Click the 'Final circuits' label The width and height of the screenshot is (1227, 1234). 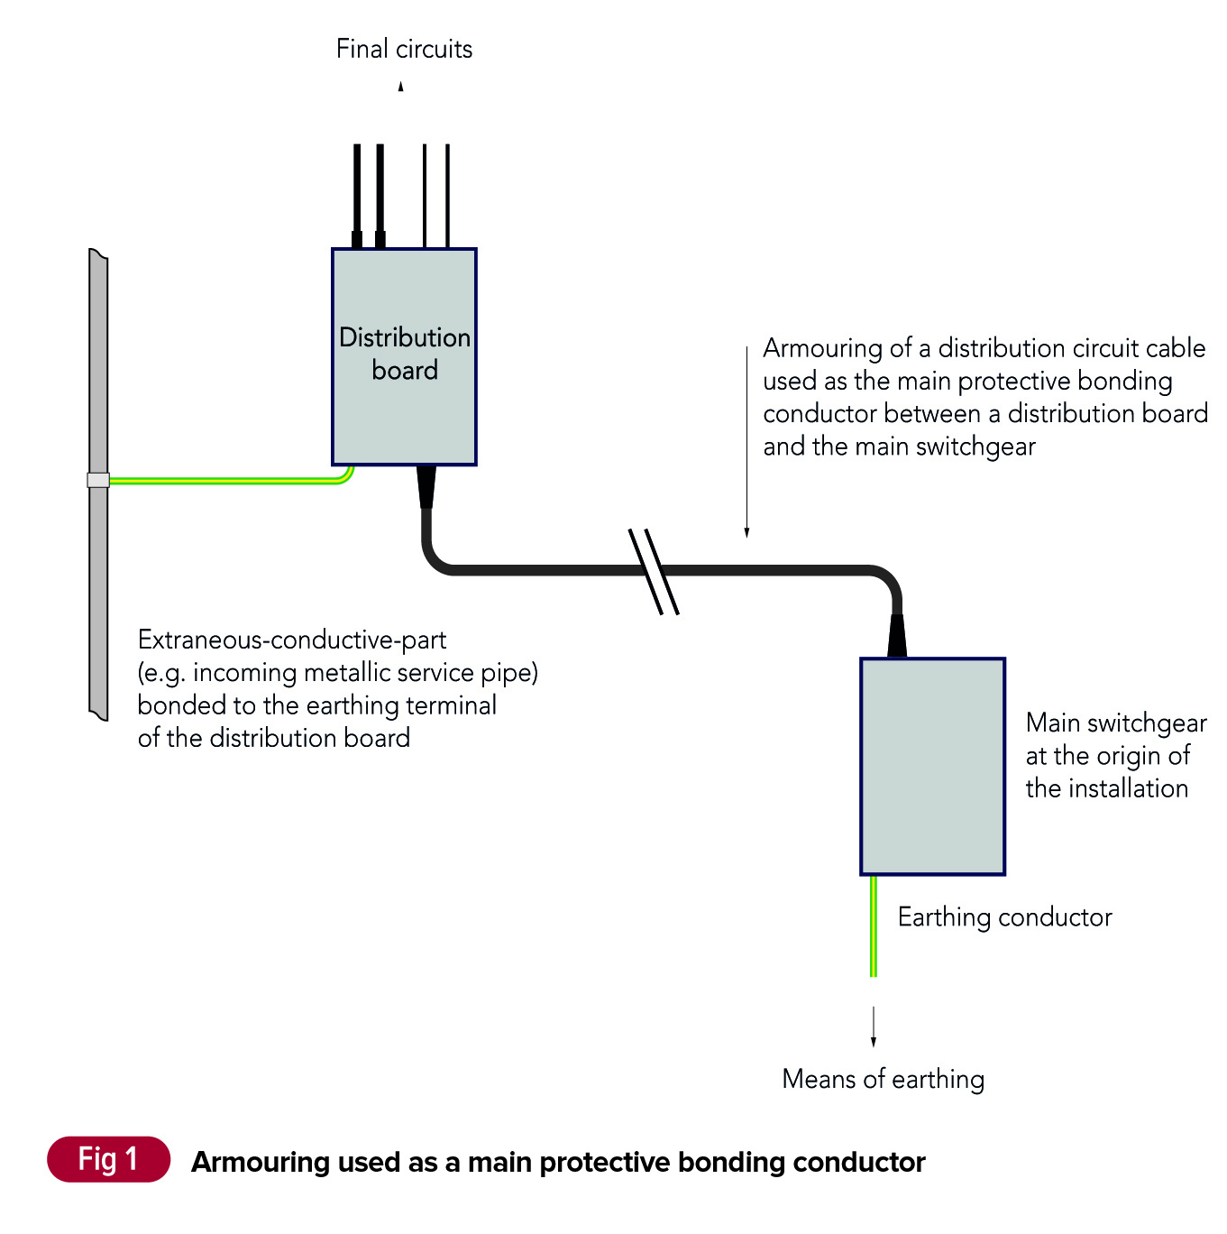[x=404, y=49]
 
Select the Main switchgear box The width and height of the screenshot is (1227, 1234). [x=932, y=766]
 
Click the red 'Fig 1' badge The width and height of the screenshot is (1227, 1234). [x=108, y=1159]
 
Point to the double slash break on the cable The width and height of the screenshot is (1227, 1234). [x=654, y=571]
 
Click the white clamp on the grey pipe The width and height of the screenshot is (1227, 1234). [x=98, y=480]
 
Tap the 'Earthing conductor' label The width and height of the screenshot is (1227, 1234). [x=1004, y=917]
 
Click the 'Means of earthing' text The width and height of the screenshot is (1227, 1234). [x=883, y=1079]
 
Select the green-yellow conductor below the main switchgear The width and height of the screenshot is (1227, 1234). [x=873, y=925]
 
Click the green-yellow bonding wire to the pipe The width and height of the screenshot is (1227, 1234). [x=225, y=481]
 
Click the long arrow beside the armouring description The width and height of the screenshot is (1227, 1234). [x=746, y=442]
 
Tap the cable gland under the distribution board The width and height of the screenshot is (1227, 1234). [x=426, y=486]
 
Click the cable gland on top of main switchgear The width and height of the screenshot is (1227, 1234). [x=897, y=636]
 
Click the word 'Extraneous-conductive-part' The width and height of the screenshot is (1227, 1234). [x=292, y=640]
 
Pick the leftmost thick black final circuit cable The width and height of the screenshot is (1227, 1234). [x=357, y=194]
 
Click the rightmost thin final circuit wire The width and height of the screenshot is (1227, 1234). [x=447, y=194]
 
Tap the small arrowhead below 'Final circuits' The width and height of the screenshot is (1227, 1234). [x=401, y=87]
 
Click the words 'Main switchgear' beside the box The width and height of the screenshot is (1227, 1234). [x=1116, y=723]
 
